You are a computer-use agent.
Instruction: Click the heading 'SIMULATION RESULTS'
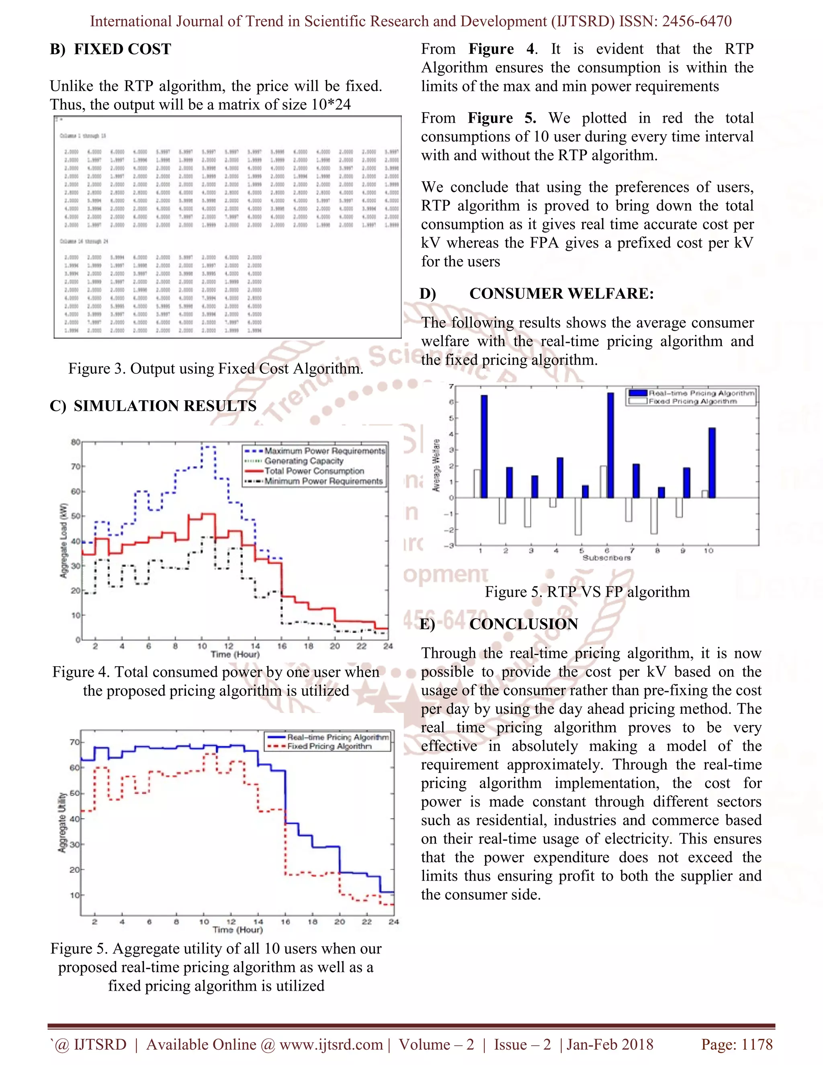(165, 406)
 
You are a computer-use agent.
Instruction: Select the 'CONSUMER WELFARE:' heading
(561, 293)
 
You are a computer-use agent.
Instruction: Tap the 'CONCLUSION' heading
(524, 624)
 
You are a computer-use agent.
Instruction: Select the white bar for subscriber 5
(578, 516)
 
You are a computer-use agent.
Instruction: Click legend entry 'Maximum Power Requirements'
(324, 451)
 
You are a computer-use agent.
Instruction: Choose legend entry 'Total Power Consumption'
(314, 471)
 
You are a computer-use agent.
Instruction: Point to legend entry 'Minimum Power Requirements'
(323, 481)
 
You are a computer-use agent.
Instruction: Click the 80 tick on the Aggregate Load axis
(76, 442)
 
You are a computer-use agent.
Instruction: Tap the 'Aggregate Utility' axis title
(62, 822)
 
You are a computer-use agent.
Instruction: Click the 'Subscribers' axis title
(606, 558)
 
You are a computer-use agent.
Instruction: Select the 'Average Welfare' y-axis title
(437, 466)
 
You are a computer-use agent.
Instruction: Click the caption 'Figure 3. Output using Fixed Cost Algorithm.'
(215, 369)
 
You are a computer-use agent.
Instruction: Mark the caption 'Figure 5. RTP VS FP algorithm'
(587, 592)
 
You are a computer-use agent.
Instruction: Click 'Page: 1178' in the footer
(737, 1045)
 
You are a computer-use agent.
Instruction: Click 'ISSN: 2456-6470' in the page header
(675, 21)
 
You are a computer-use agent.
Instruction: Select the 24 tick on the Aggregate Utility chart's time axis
(393, 922)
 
